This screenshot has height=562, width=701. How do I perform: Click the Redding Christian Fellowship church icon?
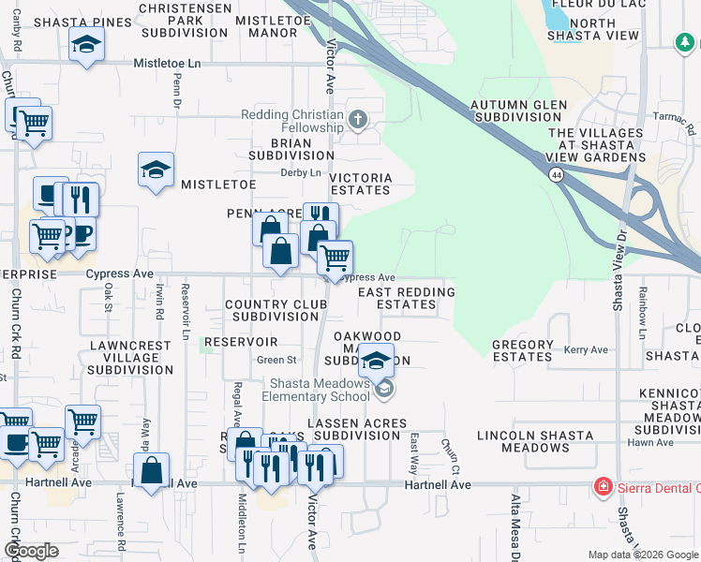click(357, 120)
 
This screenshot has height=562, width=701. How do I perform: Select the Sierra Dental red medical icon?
click(602, 487)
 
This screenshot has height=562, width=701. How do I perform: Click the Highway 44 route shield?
click(557, 175)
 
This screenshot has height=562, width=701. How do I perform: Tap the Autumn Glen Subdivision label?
click(515, 111)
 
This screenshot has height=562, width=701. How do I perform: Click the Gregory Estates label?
click(522, 350)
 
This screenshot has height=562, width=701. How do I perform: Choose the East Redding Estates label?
click(408, 298)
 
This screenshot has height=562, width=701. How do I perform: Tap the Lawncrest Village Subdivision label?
click(130, 357)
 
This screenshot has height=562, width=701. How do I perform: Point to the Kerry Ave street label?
click(586, 350)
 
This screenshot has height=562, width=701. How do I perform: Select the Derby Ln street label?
click(301, 172)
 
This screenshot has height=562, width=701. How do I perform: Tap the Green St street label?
click(276, 360)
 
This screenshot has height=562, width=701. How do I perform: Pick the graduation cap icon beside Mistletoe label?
click(156, 170)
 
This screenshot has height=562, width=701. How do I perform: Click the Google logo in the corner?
click(30, 551)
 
